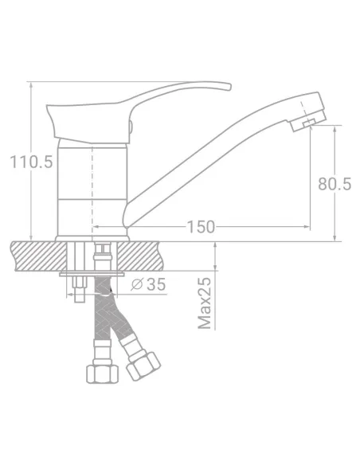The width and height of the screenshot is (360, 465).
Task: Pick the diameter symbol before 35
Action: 136,284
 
